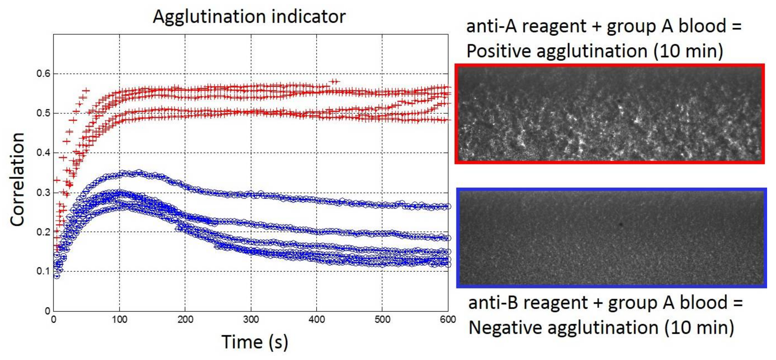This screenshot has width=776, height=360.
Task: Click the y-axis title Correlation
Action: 17,179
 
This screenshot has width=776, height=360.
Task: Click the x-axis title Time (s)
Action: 255,342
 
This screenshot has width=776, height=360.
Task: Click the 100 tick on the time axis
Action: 120,320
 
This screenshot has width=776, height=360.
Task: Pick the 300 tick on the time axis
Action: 251,320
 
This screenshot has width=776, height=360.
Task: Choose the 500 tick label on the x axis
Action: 382,320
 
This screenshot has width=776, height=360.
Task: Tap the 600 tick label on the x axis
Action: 448,320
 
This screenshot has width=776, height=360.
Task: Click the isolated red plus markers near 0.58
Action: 334,82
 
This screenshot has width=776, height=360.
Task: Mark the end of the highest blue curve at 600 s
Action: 448,206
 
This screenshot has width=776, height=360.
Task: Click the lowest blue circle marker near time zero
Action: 57,276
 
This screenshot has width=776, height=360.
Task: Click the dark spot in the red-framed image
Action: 619,101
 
